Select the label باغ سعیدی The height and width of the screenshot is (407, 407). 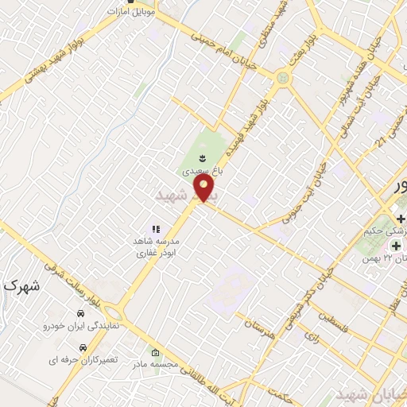coord(197,170)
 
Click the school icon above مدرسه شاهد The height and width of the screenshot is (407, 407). coord(156,229)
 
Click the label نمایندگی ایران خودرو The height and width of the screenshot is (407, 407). coord(80,326)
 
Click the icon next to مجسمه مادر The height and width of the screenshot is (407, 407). coord(155,353)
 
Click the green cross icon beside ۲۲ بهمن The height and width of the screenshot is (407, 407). coord(396,246)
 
